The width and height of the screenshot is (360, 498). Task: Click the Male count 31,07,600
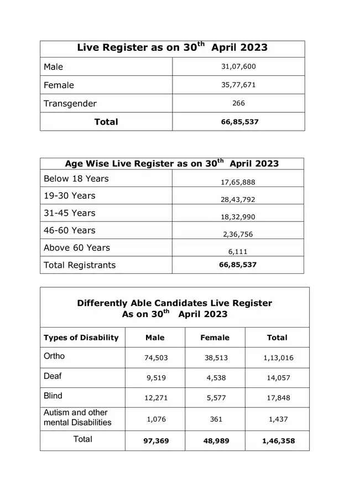coord(238,66)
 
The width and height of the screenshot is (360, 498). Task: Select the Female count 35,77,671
coord(238,85)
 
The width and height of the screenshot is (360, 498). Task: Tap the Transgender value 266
coord(238,103)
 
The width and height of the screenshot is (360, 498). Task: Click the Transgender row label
coord(70,103)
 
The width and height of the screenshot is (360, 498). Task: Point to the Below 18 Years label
coord(76,179)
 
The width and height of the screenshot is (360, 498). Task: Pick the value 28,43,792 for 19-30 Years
coord(238,200)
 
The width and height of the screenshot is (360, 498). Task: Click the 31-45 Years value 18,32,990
coord(238,217)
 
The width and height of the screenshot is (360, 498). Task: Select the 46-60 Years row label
coord(70,230)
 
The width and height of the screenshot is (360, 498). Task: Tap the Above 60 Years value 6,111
coord(238,251)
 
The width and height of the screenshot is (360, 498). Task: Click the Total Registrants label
coord(80,265)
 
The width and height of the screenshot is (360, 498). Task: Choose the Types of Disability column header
coord(81,338)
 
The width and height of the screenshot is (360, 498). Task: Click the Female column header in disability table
coord(215,338)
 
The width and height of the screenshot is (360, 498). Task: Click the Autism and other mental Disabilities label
coord(77,418)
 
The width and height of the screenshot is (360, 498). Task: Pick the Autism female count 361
coord(216,419)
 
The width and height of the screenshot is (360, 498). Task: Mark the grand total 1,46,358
coord(278,442)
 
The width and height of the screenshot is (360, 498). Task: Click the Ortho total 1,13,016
coord(278,358)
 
